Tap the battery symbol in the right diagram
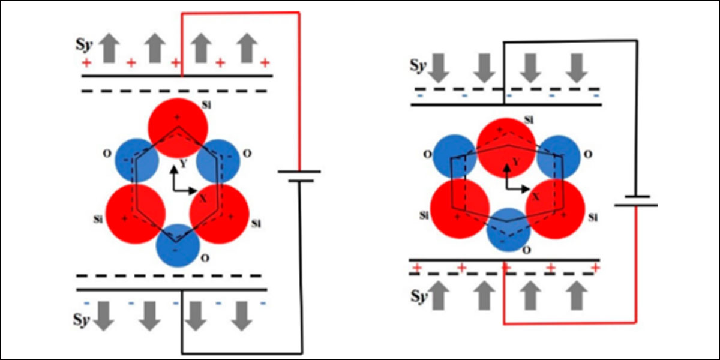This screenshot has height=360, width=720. point(635,200)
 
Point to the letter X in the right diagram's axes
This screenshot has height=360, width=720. point(536,196)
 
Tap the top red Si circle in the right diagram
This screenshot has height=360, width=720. point(507,147)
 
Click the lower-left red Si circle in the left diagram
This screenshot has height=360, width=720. point(135,214)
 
